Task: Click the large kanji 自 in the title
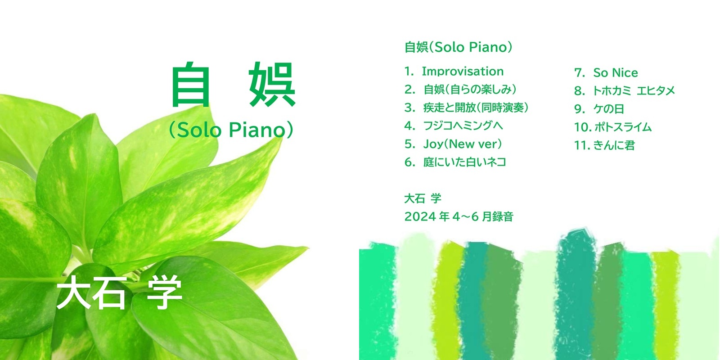191,84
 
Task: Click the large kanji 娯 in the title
272,84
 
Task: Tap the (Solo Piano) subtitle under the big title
231,130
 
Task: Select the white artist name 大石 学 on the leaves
119,293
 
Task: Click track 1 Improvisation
454,72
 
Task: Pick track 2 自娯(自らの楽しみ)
461,90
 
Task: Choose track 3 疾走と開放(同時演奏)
467,108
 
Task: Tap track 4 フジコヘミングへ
454,126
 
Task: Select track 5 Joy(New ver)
453,144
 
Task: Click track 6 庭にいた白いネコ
455,162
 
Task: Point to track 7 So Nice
606,72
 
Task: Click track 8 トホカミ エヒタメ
625,90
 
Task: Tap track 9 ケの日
599,109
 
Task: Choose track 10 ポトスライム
612,127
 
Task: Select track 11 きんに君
605,145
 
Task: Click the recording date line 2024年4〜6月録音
459,216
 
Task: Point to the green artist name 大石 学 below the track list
423,198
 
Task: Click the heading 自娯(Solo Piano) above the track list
459,47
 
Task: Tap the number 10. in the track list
583,127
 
